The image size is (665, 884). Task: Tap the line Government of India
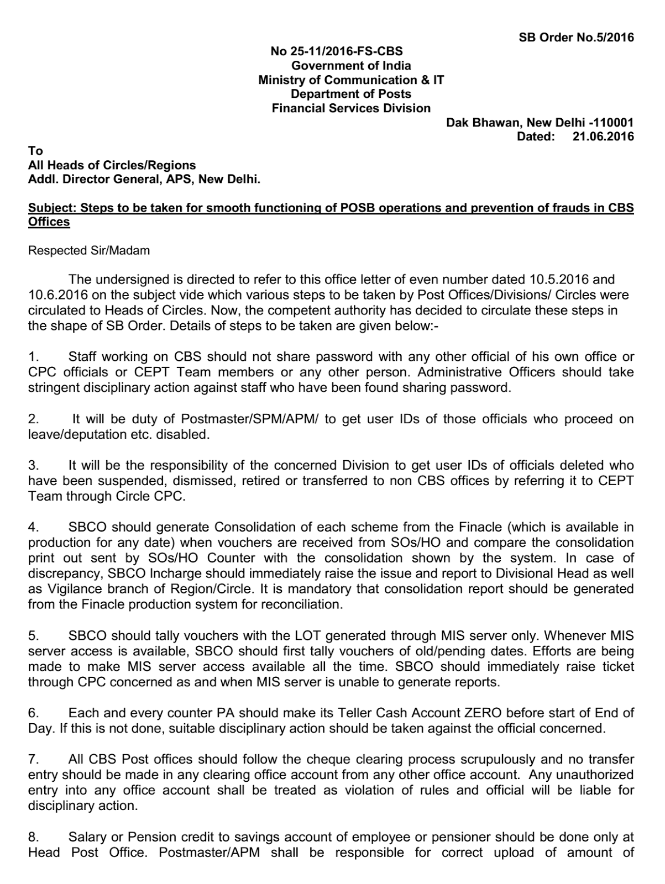coord(351,66)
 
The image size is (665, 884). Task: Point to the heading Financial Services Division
coord(351,108)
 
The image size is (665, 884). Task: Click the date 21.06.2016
coord(603,136)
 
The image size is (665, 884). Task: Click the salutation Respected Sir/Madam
coord(89,251)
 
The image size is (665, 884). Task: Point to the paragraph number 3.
coord(33,466)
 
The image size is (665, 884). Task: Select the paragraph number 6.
coord(33,713)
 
